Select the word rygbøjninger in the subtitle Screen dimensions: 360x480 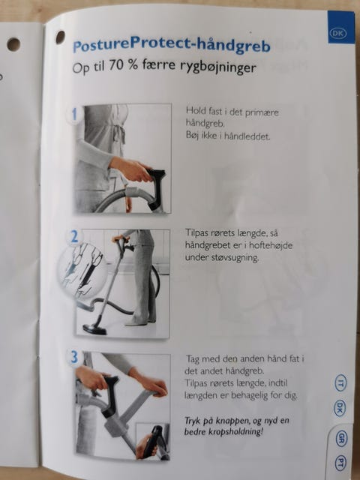[x=218, y=67]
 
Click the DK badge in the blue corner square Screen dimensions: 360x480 [x=338, y=33]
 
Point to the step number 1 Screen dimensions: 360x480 [x=74, y=114]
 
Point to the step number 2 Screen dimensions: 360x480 [x=74, y=237]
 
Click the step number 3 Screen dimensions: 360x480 [x=74, y=357]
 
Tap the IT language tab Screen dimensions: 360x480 [x=340, y=382]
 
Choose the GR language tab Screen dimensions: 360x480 [x=340, y=438]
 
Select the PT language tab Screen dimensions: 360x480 [x=340, y=464]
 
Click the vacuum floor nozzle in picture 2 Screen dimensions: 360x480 [x=94, y=328]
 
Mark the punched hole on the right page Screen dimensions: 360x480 [x=60, y=37]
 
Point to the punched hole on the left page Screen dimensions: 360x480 [x=13, y=45]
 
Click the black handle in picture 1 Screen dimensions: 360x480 [x=157, y=188]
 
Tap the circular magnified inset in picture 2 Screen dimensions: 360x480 [x=82, y=268]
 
